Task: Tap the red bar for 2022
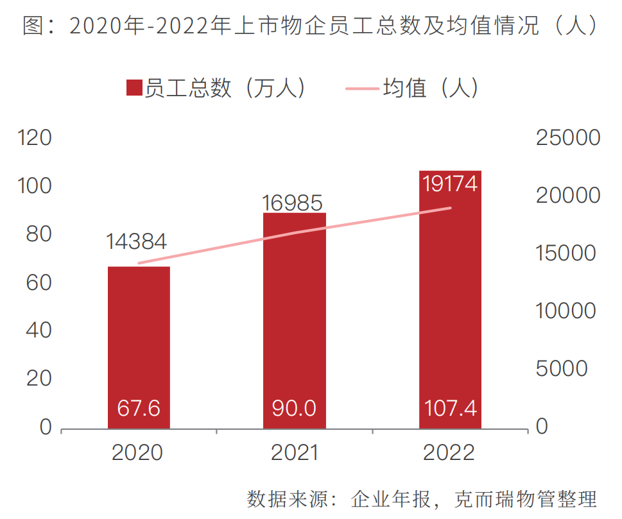click(450, 295)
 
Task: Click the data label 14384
click(137, 241)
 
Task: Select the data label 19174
click(450, 183)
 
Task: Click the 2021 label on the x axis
click(294, 453)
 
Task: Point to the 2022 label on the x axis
click(449, 453)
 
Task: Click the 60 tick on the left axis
click(39, 283)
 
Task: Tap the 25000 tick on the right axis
click(567, 138)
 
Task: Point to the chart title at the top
click(311, 26)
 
